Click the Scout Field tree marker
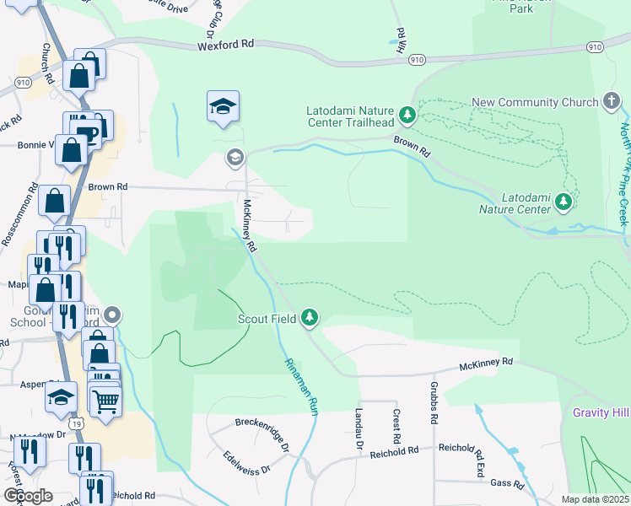click(x=311, y=317)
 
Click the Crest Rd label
click(x=396, y=427)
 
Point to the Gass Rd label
click(x=507, y=482)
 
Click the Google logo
click(x=28, y=496)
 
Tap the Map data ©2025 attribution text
click(x=595, y=499)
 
